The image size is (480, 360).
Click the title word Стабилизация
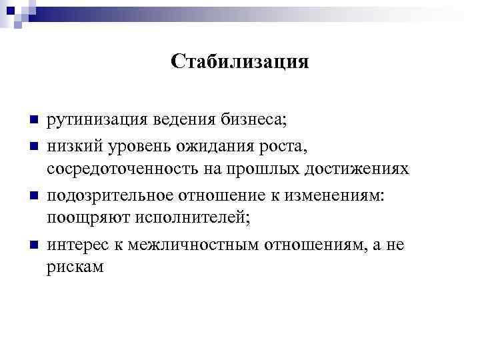click(x=239, y=62)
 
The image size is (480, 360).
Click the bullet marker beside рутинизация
click(x=33, y=121)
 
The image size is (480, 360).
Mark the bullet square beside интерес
click(x=33, y=244)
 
